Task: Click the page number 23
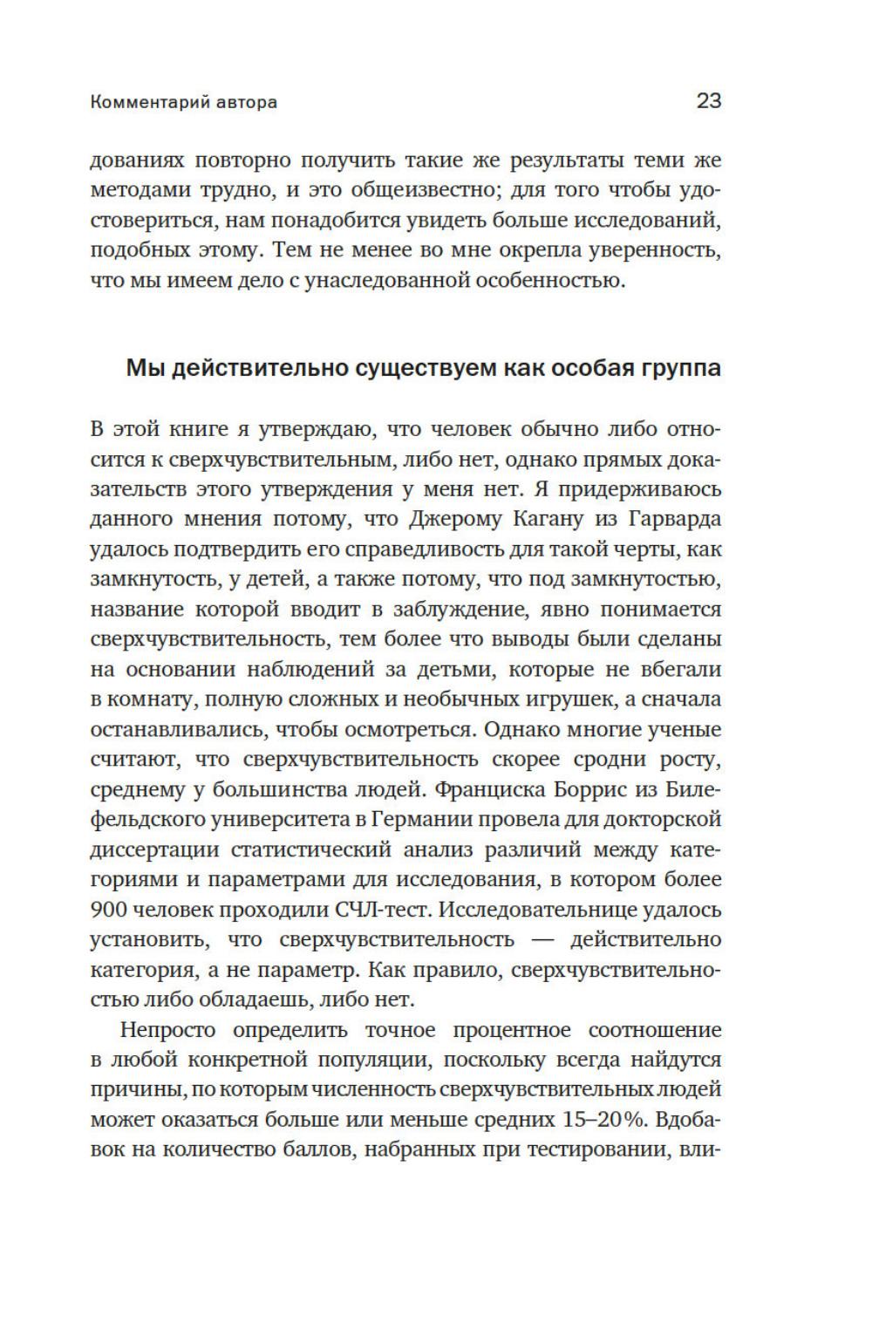pyautogui.click(x=708, y=101)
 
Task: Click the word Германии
pyautogui.click(x=420, y=820)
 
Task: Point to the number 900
pyautogui.click(x=109, y=910)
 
